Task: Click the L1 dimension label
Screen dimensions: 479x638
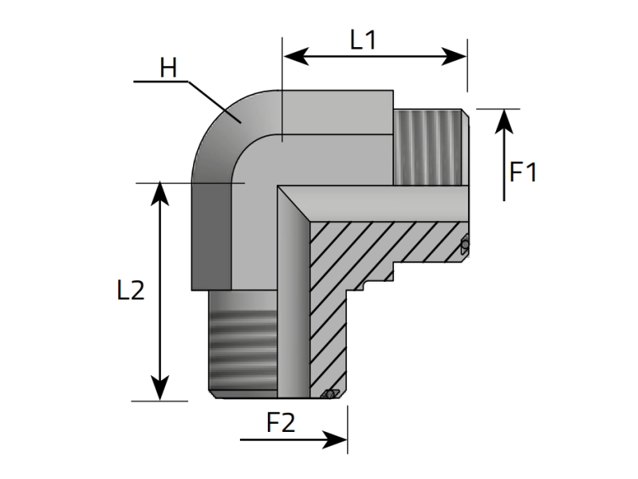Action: pos(363,40)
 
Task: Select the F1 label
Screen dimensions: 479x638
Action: pos(524,172)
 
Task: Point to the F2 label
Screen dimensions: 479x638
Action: pos(280,422)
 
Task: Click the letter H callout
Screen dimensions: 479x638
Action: pos(168,69)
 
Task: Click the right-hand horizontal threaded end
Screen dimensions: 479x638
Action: pos(431,148)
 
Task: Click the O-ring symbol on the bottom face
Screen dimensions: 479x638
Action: pos(329,394)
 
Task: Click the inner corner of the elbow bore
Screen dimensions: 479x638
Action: pos(279,188)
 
